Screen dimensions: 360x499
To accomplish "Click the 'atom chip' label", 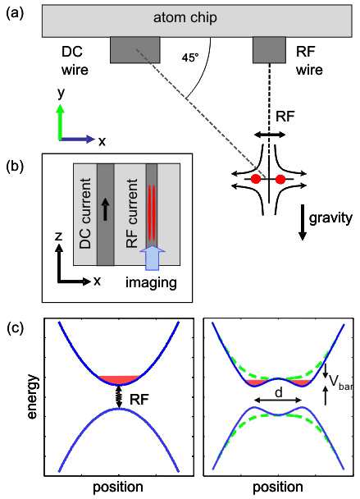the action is coord(185,18).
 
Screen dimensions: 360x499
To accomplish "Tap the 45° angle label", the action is coord(190,57).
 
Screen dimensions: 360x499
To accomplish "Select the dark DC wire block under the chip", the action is coord(135,50).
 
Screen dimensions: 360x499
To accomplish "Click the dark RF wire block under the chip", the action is coord(269,50).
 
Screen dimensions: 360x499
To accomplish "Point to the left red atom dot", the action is coord(256,179).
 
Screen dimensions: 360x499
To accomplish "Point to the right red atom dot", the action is coord(280,179).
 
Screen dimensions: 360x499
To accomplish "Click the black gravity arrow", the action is coord(303,222).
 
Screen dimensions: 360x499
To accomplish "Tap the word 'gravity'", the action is coord(330,218).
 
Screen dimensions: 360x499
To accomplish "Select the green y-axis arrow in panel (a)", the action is coord(60,122).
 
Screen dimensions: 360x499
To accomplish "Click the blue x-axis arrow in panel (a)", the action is coord(77,139).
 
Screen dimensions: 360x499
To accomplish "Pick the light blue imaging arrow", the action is coord(153,258).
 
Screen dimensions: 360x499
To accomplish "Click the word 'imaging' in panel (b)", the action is coord(151,283).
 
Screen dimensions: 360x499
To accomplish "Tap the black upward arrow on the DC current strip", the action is coord(106,209).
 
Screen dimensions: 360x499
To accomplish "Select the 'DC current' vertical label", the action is coord(85,213).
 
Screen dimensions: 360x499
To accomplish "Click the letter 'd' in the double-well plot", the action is coord(279,392).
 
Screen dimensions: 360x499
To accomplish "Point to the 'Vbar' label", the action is coord(341,382).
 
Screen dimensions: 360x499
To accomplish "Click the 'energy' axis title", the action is coord(32,396).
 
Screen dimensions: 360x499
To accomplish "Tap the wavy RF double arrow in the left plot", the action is coord(119,396).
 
